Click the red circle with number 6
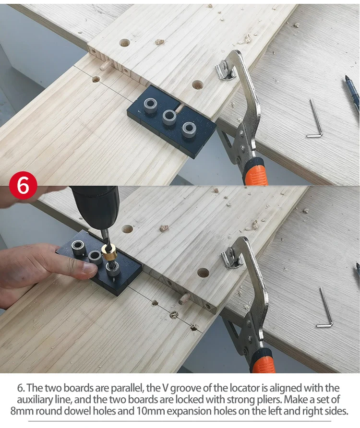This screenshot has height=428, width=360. [x=23, y=185]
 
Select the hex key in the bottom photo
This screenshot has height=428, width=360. [x=326, y=307]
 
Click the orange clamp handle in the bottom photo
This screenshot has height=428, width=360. [x=262, y=361]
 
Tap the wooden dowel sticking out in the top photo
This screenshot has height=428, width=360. [x=105, y=66]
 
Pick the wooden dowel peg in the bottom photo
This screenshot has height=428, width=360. [x=183, y=298]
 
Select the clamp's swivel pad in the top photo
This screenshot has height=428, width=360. [x=225, y=71]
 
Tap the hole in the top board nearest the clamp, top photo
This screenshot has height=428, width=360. [x=197, y=84]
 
